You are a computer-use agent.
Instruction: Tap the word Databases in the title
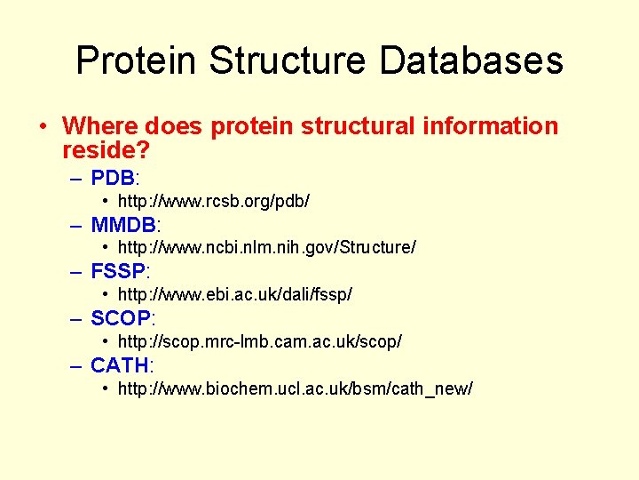[471, 61]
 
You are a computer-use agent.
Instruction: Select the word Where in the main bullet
[98, 126]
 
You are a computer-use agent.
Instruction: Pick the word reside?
[106, 149]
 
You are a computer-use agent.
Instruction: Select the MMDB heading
[122, 224]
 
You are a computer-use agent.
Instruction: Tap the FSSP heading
[118, 271]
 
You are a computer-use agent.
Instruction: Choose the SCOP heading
[121, 318]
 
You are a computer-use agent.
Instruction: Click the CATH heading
[119, 365]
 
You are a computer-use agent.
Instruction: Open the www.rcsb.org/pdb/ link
[214, 202]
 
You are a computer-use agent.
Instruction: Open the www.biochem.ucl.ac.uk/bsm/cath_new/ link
[296, 389]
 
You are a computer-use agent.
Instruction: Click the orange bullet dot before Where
[43, 126]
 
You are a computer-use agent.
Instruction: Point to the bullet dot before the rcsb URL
[106, 201]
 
